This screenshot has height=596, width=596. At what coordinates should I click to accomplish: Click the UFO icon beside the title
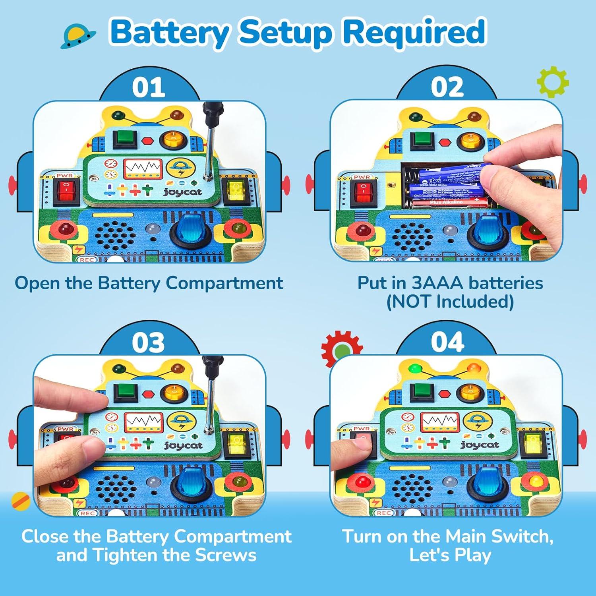click(x=78, y=37)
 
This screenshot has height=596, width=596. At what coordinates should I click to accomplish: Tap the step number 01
click(x=149, y=87)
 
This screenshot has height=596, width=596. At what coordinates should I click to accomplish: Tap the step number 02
click(x=447, y=87)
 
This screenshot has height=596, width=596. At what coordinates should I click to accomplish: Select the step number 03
click(x=148, y=343)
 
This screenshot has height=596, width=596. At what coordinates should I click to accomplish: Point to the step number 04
click(x=447, y=342)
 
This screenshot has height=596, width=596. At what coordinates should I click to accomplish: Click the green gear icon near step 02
click(x=553, y=82)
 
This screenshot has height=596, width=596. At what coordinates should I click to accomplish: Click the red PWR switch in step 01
click(x=67, y=191)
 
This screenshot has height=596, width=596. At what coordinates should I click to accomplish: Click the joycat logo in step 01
click(x=183, y=192)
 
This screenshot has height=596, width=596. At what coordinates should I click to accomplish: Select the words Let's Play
click(x=450, y=555)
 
